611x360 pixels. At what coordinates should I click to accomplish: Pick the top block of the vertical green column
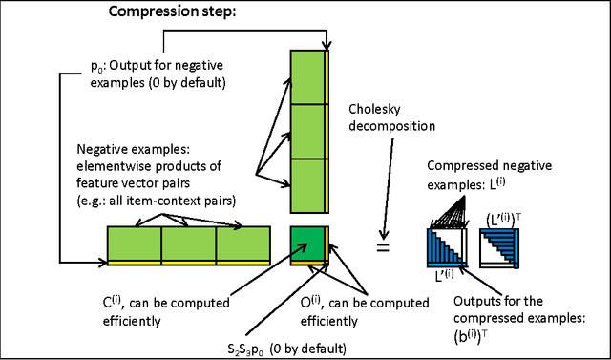(x=307, y=77)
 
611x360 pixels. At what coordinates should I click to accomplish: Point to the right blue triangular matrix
(x=495, y=251)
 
